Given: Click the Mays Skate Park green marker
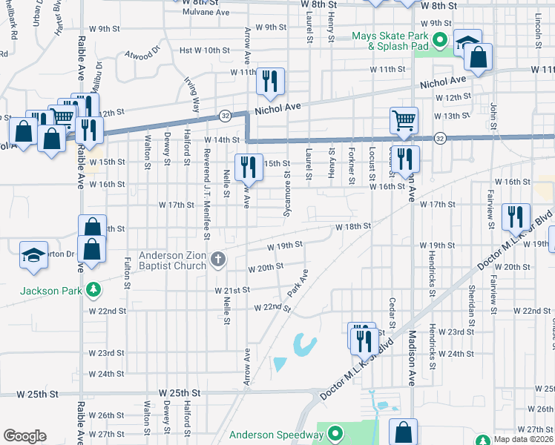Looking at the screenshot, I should click(439, 40).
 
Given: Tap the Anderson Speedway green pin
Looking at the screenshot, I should click(335, 433).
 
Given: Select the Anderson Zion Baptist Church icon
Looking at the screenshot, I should click(217, 259).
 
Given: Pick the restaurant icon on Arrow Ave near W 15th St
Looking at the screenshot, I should click(248, 166).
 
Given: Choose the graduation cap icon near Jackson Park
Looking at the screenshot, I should click(33, 254).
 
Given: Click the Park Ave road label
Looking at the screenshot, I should click(298, 284).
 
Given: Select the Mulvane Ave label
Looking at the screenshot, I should click(206, 13).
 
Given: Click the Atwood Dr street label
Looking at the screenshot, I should click(142, 53).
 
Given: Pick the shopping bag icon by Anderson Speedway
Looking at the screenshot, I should click(403, 432).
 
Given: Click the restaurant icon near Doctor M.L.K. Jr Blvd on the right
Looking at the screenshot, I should click(516, 216).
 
